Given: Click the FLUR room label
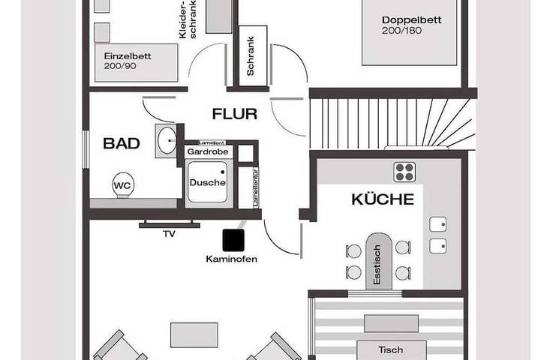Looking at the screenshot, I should [234, 115].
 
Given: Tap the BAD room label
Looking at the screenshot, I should [122, 143].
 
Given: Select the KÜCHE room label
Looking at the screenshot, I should [383, 199].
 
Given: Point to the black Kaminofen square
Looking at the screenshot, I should [233, 238].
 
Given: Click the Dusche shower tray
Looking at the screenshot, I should [207, 183].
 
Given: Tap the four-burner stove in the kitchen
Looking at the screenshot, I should [404, 172].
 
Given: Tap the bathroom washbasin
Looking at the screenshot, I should [166, 139].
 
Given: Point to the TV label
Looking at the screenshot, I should [169, 234].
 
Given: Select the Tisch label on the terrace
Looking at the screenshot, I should [391, 350].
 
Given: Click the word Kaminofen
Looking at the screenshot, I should [232, 259].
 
